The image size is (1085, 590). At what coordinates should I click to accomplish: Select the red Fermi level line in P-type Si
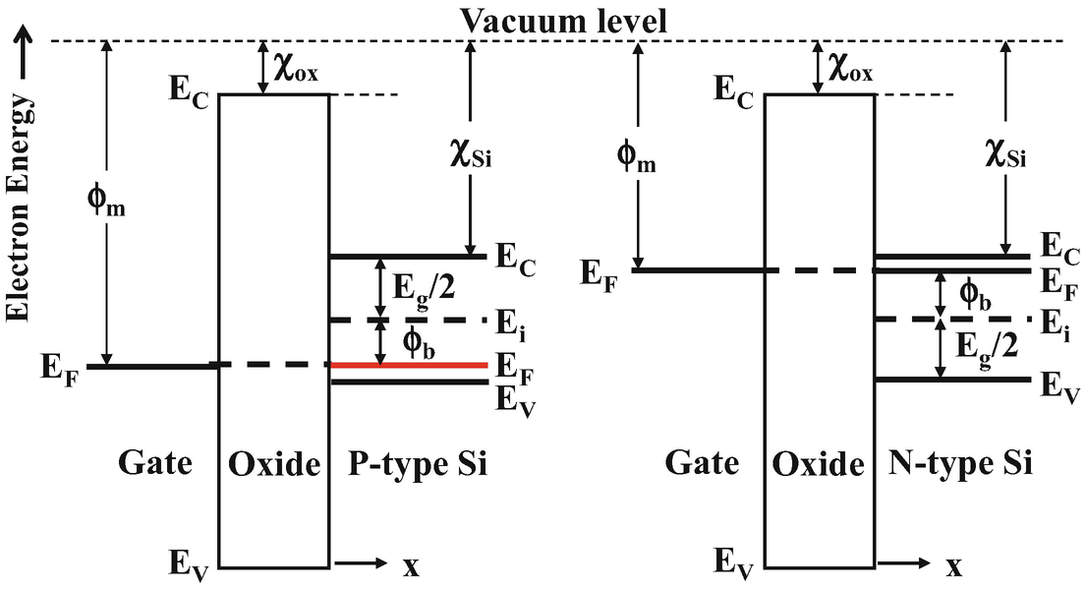[408, 365]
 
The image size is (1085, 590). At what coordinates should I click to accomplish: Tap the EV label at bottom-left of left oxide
[190, 565]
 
